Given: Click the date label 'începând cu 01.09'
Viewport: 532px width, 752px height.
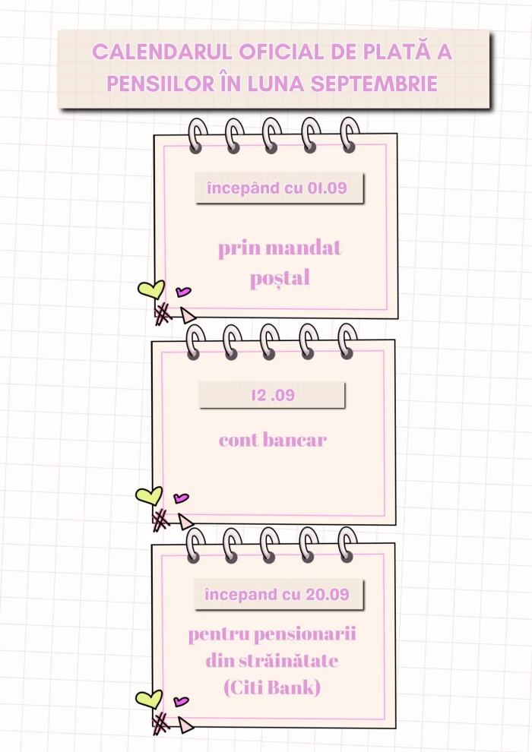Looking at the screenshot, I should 277,188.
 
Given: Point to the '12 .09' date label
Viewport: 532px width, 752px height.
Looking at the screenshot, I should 272,395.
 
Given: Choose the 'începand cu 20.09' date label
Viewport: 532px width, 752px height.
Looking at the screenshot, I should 277,594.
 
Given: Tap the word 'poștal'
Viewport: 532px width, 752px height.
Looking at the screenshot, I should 280,279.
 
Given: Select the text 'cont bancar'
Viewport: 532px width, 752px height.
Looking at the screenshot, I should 273,440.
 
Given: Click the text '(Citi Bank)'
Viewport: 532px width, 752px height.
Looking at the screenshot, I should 272,688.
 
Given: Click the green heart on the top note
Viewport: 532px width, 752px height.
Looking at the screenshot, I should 150,289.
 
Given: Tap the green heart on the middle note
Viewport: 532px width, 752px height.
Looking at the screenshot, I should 149,495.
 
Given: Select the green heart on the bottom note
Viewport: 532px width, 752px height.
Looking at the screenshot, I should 149,699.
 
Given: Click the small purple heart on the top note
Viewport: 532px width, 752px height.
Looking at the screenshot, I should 183,291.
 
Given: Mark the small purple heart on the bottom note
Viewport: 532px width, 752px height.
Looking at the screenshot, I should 181,701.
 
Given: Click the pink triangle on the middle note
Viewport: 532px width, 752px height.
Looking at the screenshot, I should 185,522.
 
